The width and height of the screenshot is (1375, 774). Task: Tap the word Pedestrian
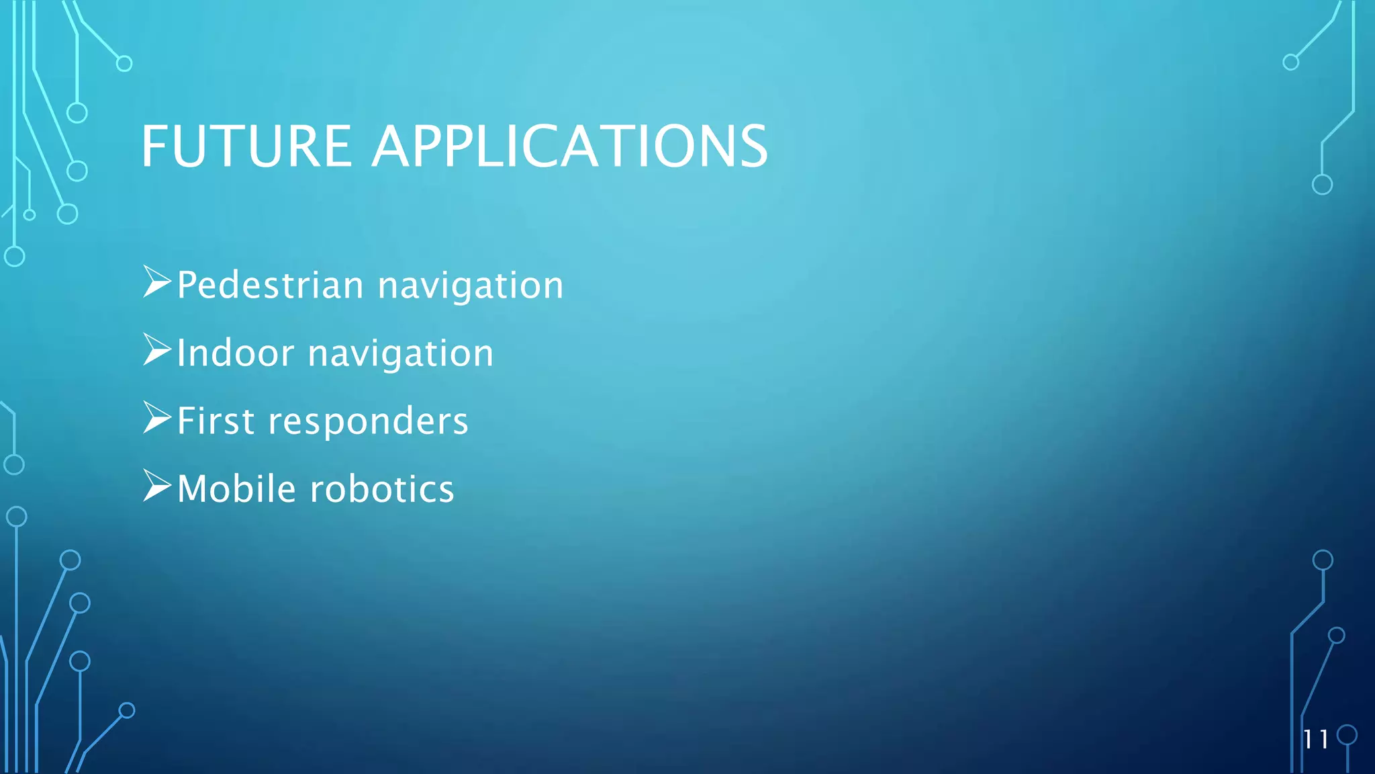click(x=270, y=285)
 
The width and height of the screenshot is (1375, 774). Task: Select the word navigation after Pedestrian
click(x=471, y=286)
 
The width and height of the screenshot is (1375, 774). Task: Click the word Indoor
click(x=235, y=353)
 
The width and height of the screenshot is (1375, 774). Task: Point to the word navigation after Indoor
click(x=401, y=354)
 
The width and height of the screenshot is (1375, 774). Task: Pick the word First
click(x=216, y=421)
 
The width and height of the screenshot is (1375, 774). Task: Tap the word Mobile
click(x=236, y=488)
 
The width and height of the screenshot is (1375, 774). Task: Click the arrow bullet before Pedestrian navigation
click(x=156, y=282)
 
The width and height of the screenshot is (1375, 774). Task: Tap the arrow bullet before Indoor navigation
click(x=156, y=349)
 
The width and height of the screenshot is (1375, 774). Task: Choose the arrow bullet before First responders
click(x=156, y=417)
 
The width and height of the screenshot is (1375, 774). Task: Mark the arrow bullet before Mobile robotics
click(x=156, y=485)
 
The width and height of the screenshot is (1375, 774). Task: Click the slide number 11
click(x=1315, y=739)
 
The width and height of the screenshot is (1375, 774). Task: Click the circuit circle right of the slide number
click(x=1347, y=735)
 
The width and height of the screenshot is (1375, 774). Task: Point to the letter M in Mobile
click(x=192, y=488)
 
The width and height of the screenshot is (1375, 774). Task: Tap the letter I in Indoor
click(x=181, y=353)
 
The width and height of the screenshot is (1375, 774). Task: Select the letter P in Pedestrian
click(x=187, y=285)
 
